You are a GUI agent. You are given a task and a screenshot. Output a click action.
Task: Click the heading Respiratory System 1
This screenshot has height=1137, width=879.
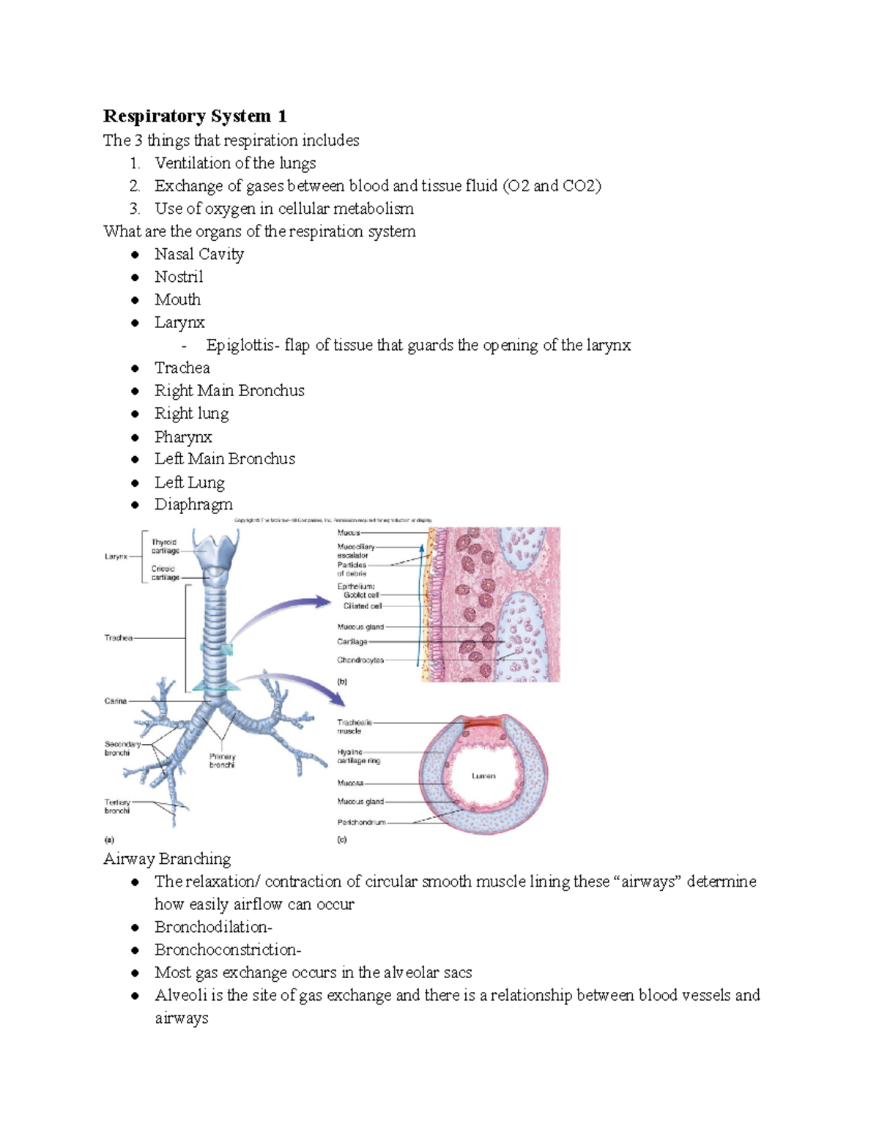tap(195, 116)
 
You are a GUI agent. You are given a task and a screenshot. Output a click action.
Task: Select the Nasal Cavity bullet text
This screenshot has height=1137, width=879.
tap(199, 254)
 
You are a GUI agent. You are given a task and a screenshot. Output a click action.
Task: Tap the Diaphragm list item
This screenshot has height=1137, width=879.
tap(193, 504)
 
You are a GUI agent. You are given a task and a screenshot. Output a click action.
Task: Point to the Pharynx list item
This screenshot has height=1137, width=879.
tap(183, 437)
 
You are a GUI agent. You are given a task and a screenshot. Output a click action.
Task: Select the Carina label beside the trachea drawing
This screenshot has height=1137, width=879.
tap(116, 701)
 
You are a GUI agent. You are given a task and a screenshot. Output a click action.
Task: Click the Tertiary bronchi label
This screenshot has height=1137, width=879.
tap(117, 806)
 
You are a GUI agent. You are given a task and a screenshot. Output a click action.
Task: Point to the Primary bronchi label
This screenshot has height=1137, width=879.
tap(222, 761)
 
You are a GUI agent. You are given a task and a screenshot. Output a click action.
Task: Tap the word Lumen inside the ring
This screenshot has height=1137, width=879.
tap(483, 775)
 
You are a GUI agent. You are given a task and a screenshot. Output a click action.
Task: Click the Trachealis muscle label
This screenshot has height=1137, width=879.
tap(354, 726)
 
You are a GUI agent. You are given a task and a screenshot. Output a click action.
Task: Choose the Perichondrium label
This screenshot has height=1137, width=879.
tap(361, 822)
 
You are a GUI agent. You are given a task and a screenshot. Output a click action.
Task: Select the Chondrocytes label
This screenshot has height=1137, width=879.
tap(360, 660)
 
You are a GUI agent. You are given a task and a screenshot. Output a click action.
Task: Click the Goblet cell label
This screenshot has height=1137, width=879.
tap(361, 595)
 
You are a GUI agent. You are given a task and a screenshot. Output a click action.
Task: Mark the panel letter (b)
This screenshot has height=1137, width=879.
tap(342, 682)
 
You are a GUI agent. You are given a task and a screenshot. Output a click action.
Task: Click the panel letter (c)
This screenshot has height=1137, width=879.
tap(342, 840)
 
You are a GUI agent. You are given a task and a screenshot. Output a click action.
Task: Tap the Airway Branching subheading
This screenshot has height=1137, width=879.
tap(167, 859)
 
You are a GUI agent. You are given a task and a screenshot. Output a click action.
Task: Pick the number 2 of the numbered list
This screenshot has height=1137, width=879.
tap(135, 186)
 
